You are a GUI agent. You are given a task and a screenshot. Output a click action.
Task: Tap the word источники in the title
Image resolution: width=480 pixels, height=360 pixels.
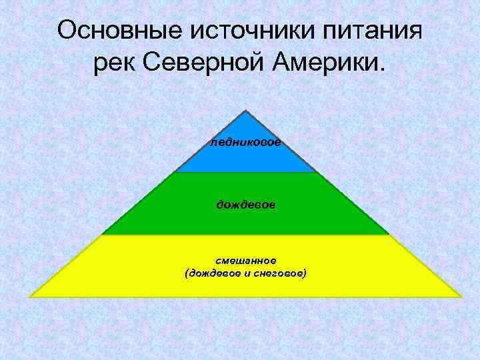click(232, 31)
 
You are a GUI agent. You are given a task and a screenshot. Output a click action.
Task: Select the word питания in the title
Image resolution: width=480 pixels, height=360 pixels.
click(363, 31)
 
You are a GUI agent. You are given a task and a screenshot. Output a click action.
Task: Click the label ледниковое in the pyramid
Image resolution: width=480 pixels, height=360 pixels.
click(245, 142)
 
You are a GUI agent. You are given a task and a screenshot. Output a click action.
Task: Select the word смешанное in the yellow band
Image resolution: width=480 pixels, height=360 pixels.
click(245, 260)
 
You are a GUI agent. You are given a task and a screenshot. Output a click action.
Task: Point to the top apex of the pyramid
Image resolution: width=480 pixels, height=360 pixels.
click(245, 111)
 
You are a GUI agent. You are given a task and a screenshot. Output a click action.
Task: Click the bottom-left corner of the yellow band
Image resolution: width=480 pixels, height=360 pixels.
click(31, 295)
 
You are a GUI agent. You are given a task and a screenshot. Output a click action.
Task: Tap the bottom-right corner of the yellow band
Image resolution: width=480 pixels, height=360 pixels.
click(461, 295)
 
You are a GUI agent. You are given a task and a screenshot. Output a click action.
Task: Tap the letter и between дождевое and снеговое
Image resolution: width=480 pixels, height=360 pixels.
click(247, 273)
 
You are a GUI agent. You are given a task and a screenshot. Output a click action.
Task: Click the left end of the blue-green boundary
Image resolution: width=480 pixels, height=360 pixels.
click(175, 172)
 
